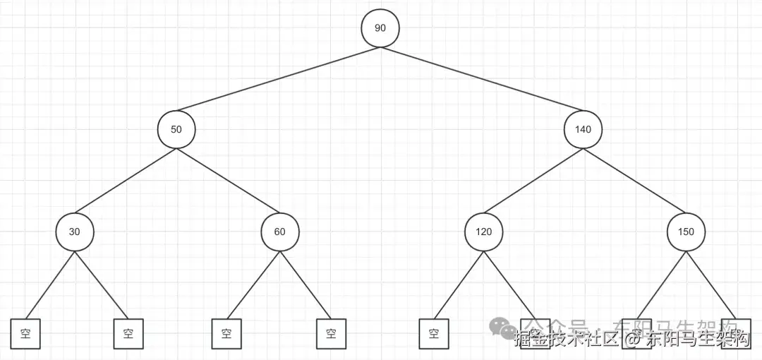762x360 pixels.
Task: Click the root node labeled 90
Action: point(380,28)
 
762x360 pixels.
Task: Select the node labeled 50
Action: point(176,130)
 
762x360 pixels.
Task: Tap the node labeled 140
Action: point(583,130)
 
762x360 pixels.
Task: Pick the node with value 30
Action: point(74,232)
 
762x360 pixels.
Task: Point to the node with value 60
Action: point(279,232)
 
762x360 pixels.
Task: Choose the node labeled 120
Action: point(483,232)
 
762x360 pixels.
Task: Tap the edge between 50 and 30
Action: point(125,181)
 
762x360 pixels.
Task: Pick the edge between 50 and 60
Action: point(227,181)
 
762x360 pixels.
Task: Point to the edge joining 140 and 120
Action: point(533,181)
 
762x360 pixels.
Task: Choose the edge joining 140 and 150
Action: point(634,181)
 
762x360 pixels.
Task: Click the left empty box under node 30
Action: point(25,334)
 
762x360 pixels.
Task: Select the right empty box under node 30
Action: point(128,334)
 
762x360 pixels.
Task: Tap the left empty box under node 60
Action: point(226,334)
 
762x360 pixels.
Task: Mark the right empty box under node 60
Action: point(331,334)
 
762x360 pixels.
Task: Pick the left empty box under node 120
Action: point(433,334)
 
